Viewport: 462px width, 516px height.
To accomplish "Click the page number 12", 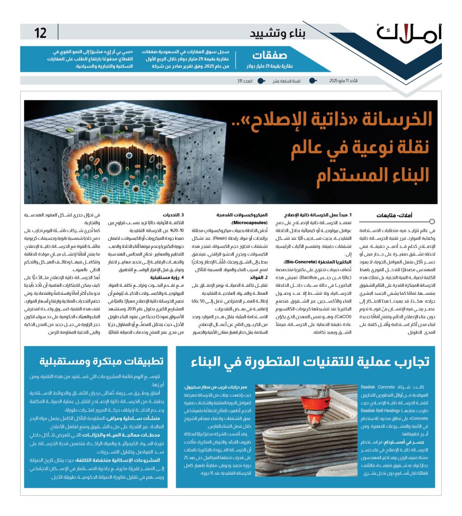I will click(40, 34).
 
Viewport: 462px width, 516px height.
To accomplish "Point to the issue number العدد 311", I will click(246, 81).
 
